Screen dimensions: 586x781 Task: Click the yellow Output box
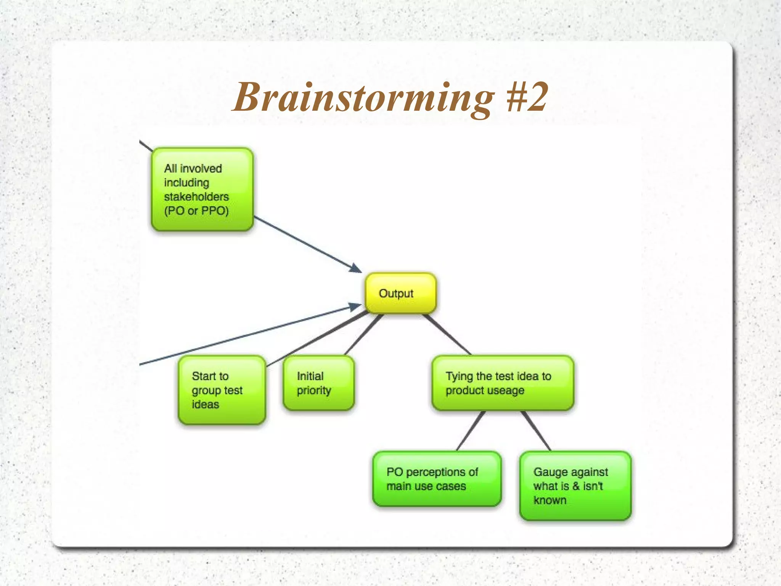pyautogui.click(x=400, y=293)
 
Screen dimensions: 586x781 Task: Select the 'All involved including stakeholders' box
pyautogui.click(x=202, y=189)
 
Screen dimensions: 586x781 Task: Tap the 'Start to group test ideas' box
pyautogui.click(x=222, y=390)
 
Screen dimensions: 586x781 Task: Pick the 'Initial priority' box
pyautogui.click(x=318, y=383)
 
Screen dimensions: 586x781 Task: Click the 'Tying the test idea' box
pyautogui.click(x=503, y=383)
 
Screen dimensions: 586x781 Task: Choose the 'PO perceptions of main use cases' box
pyautogui.click(x=437, y=479)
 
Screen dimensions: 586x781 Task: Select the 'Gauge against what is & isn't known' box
pyautogui.click(x=575, y=486)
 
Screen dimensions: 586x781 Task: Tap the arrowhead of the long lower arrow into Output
pyautogui.click(x=355, y=306)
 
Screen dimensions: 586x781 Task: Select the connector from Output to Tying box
pyautogui.click(x=447, y=334)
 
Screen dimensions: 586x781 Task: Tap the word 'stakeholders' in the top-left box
pyautogui.click(x=196, y=197)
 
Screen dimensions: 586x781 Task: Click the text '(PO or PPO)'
pyautogui.click(x=196, y=211)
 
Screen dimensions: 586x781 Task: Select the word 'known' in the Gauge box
pyautogui.click(x=550, y=500)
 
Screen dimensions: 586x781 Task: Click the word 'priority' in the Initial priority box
pyautogui.click(x=314, y=391)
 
